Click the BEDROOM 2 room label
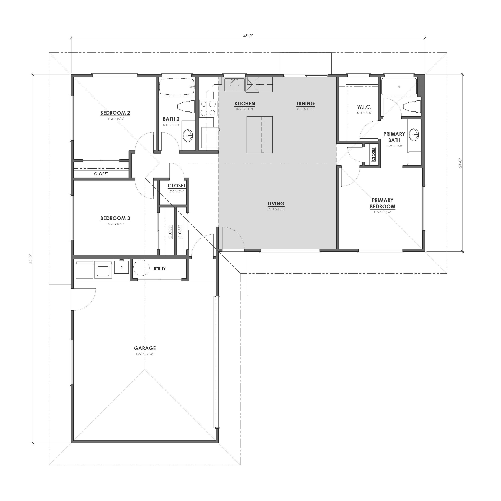point(115,113)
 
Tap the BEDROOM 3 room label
point(115,218)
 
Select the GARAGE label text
point(145,348)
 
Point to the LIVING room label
point(276,203)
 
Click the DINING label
point(305,103)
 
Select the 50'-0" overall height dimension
point(31,259)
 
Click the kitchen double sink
point(234,85)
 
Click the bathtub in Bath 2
point(176,87)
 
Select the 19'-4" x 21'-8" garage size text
point(145,354)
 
